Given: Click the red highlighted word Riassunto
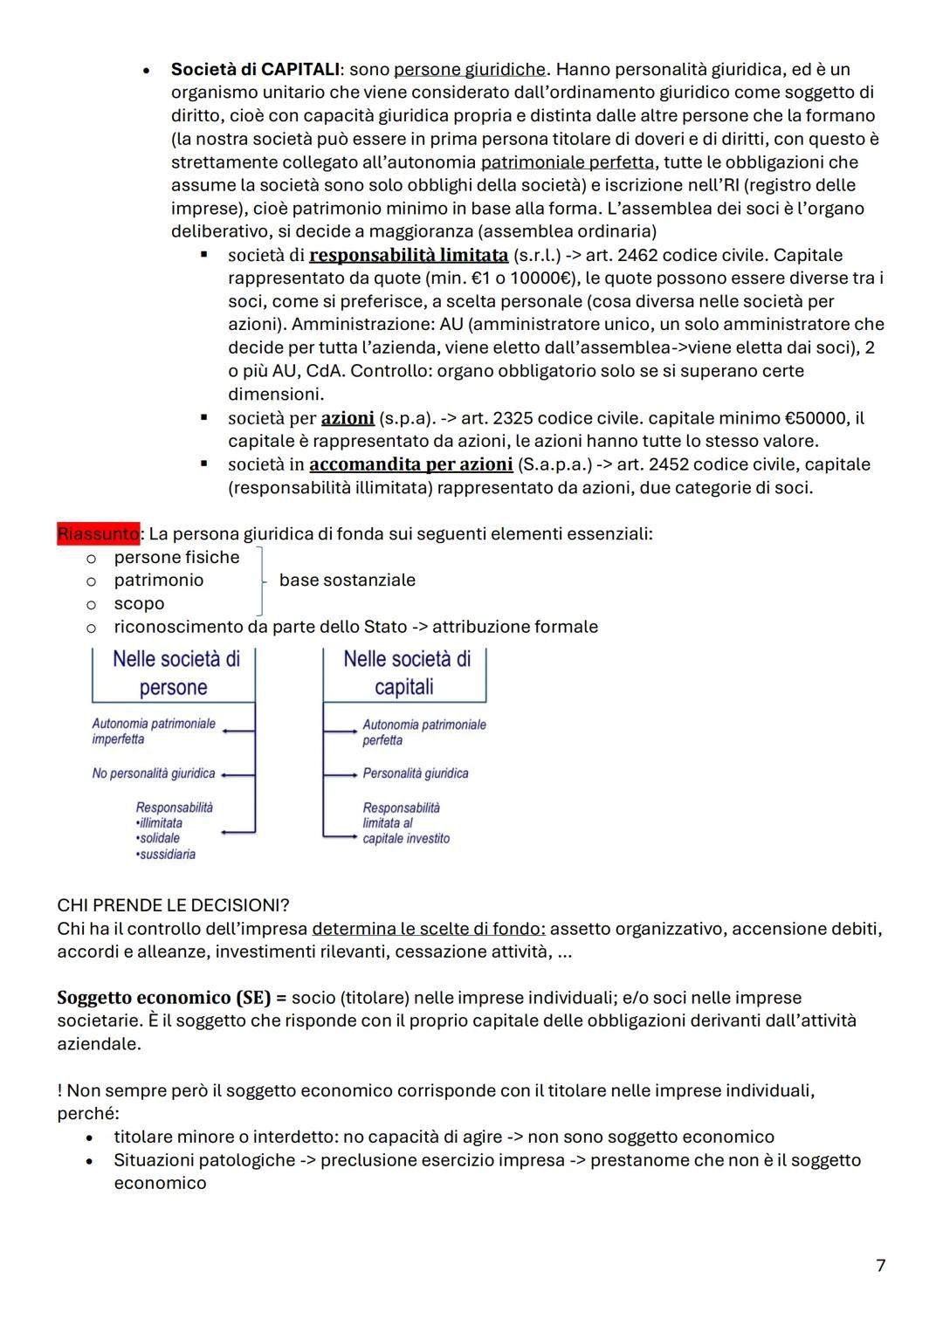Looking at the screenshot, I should [98, 533].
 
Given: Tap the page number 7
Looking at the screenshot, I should [880, 1265].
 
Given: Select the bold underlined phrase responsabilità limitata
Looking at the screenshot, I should [409, 255].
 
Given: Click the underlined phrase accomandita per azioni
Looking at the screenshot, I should [410, 464].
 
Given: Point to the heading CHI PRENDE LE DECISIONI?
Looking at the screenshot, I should [173, 905].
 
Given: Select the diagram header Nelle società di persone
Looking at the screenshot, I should [176, 673].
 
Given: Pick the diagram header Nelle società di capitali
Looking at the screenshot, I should [406, 673].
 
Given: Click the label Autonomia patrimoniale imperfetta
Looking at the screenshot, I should [154, 732].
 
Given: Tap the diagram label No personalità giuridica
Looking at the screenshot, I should [154, 773].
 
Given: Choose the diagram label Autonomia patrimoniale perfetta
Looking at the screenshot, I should [424, 732].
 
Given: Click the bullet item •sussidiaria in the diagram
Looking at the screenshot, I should [166, 855].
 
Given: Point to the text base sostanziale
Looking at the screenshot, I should [348, 581].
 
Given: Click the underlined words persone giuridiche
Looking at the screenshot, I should [470, 69].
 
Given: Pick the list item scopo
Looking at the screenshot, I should [139, 604].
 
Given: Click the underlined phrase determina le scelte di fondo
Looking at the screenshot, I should [428, 929].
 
